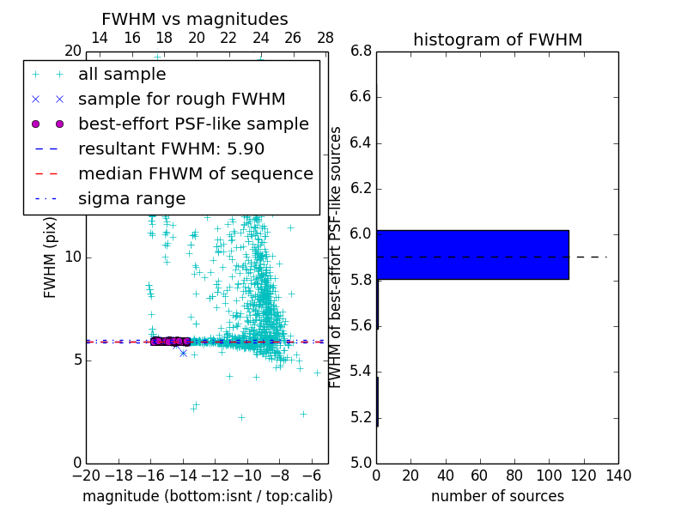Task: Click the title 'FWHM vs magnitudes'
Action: point(195,19)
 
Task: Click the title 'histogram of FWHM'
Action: point(497,39)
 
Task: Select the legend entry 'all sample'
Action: point(122,75)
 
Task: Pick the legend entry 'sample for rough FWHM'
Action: point(181,100)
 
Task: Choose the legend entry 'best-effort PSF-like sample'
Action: point(193,124)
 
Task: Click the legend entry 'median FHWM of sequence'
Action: point(195,174)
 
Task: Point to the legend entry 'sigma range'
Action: point(131,199)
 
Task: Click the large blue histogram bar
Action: point(472,254)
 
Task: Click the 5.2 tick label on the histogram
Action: point(360,418)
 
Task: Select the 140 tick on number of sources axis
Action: point(617,475)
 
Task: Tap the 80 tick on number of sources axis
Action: point(514,475)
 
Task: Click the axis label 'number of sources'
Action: point(497,496)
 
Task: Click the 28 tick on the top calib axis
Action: point(325,38)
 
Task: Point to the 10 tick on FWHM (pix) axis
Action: point(73,257)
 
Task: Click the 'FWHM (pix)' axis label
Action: point(51,257)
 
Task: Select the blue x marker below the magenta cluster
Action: point(183,353)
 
